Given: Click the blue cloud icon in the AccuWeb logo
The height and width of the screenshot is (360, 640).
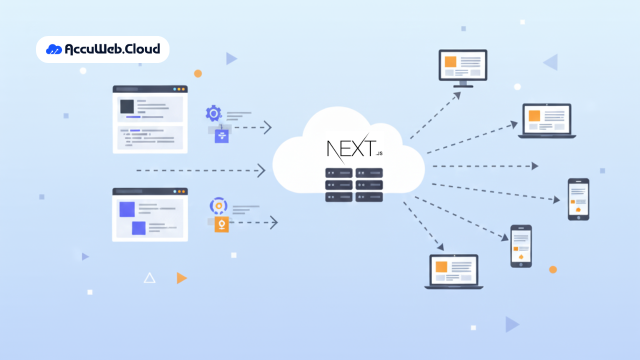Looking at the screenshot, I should (x=54, y=49).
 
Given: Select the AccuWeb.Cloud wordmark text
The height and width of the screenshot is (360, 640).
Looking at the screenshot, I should (x=112, y=49).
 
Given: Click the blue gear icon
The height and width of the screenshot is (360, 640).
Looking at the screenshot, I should (x=213, y=113).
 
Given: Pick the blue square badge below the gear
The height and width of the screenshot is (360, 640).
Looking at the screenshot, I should (x=221, y=136).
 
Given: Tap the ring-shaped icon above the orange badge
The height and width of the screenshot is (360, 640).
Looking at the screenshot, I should (x=218, y=205).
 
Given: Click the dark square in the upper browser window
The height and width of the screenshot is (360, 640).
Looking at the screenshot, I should (x=127, y=106).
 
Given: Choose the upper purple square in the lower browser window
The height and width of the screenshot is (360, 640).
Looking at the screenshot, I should (x=127, y=209).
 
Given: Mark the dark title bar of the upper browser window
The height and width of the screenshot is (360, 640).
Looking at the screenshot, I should (x=150, y=89).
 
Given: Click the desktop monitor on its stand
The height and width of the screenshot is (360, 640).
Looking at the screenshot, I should (x=462, y=67).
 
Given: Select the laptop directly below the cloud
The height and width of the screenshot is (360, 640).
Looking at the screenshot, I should (x=454, y=271).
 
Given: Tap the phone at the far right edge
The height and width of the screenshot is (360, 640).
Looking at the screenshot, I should (x=578, y=199).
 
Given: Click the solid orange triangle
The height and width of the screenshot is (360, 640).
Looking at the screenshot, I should (x=181, y=278).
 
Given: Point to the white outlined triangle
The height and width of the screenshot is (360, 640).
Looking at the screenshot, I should (x=149, y=278).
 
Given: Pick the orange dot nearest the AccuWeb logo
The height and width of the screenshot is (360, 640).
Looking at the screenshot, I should (x=198, y=73).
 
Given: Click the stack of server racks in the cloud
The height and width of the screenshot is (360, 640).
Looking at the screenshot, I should (x=354, y=185).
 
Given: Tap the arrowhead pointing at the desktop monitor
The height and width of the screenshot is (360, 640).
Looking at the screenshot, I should (x=457, y=95).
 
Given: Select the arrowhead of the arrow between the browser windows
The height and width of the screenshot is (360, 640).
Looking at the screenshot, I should (x=261, y=170).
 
